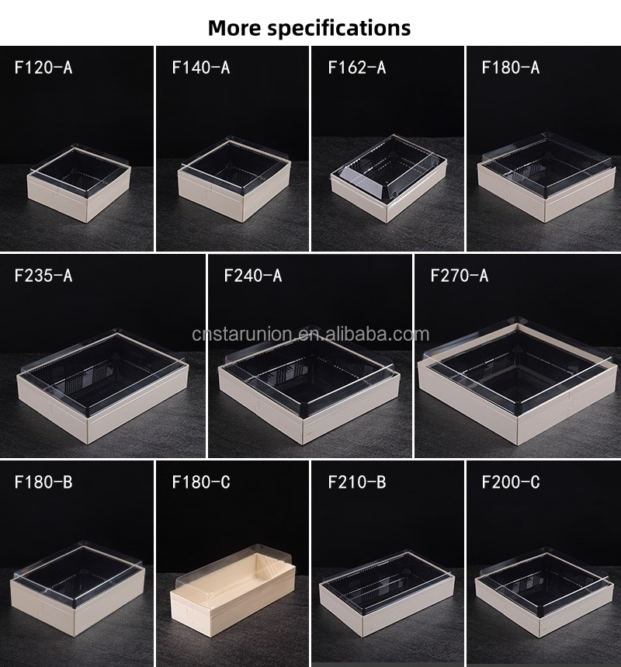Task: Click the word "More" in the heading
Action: (234, 28)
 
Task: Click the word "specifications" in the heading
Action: (339, 29)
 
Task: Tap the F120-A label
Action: (43, 68)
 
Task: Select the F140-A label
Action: (201, 68)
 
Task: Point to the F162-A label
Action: (357, 68)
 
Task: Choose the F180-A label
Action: (511, 68)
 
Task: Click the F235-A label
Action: (43, 276)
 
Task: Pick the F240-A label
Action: (253, 276)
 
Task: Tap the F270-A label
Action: (460, 276)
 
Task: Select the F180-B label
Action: (43, 482)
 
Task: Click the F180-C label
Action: (201, 482)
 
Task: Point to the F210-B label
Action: (357, 482)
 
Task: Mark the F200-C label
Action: (511, 482)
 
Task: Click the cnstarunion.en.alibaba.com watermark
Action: (310, 335)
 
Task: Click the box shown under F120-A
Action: (79, 184)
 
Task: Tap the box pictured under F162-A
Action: (389, 179)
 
